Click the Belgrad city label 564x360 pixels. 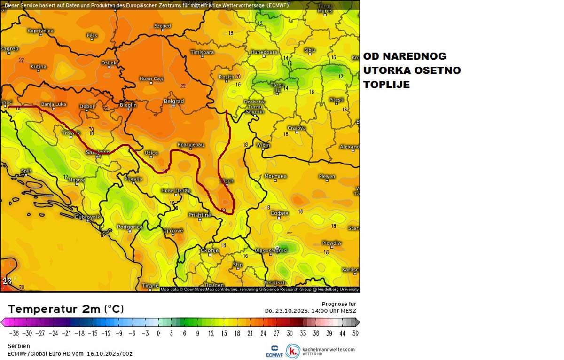point(173,101)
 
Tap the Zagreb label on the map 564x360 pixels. point(9,48)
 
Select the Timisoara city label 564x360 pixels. point(202,52)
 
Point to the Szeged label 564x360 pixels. point(162,26)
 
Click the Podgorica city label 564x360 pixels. point(130,227)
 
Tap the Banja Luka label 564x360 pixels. point(54,104)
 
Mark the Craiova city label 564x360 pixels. point(297,128)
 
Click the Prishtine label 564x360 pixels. point(200,215)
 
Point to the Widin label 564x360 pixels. point(263,145)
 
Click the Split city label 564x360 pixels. point(26,171)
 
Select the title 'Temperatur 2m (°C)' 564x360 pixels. point(66,309)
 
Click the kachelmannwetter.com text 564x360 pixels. point(329,349)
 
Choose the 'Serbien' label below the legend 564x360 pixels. point(19,346)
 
